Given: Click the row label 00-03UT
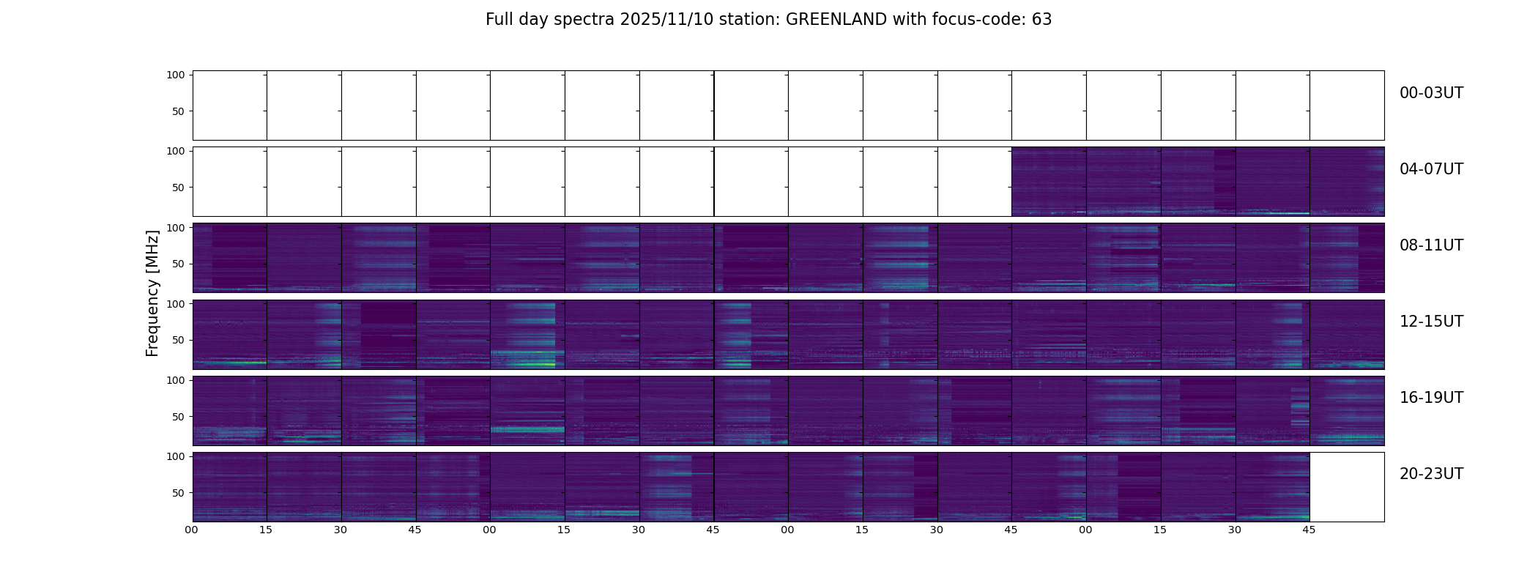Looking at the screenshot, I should (1431, 93).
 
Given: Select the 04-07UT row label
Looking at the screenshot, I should (1431, 169).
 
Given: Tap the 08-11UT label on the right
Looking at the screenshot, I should (1431, 245).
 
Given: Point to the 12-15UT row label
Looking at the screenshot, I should (1431, 322).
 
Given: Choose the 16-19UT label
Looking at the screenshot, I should (1431, 398).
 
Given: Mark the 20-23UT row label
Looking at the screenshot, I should (1431, 474).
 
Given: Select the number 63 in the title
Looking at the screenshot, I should (1041, 20).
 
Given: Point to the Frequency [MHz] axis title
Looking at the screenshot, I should (152, 293).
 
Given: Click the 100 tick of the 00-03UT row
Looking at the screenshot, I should (175, 75).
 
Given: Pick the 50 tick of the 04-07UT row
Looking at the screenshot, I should (178, 188).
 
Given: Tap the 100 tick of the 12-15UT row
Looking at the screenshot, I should (175, 303).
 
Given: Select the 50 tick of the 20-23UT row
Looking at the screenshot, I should (178, 493).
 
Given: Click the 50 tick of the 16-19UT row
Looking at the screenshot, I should (178, 417).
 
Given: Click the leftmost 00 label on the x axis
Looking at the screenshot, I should (192, 530).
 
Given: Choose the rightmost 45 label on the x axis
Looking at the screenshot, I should (1309, 530).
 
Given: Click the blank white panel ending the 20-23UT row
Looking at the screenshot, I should (1347, 487).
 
